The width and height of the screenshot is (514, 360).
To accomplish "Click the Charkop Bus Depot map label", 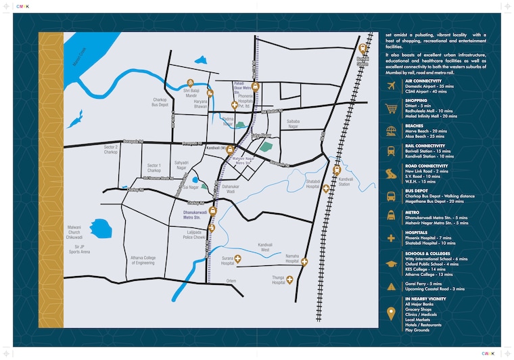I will point(160,102).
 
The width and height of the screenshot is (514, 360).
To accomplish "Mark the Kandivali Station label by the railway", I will point(344,182).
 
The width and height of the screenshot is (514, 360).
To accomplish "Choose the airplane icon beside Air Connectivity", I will point(391,86).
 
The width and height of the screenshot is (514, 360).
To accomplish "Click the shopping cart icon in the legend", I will point(391,108).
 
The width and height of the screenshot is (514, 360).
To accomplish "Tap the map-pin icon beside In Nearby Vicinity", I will point(391,312).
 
